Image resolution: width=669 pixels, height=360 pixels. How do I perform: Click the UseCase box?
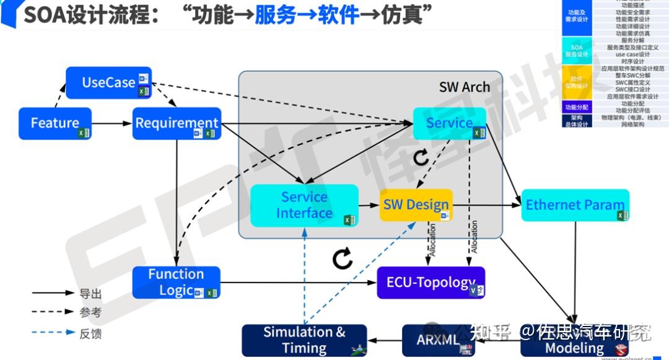pos(109,83)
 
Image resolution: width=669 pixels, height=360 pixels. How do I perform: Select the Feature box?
pos(55,123)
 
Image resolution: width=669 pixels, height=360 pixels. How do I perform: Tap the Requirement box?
pos(177,123)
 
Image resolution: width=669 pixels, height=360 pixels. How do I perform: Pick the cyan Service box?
pos(450,123)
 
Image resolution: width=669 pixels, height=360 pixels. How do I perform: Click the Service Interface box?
pos(304,205)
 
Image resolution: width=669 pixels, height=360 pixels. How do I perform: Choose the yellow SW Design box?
pos(416,205)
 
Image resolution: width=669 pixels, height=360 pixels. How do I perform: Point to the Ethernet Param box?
pos(575,205)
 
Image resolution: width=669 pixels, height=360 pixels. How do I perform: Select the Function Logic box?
pos(177,283)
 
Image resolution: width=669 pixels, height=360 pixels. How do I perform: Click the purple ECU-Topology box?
pos(431,283)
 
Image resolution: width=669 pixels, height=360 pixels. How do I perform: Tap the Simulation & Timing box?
pos(304,340)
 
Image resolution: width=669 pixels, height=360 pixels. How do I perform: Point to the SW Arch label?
pos(464,87)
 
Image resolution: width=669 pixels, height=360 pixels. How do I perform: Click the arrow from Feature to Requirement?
pos(111,123)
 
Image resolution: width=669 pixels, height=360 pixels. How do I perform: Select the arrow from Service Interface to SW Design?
pos(369,205)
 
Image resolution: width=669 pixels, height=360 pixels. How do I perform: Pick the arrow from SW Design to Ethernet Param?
pos(486,205)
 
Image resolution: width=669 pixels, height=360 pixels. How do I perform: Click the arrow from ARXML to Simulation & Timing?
pos(384,340)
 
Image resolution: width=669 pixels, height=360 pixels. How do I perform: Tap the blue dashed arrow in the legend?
pos(53,333)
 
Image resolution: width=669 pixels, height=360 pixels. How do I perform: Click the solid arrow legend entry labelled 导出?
pos(53,293)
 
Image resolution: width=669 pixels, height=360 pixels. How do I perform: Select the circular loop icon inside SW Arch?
pos(421,157)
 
